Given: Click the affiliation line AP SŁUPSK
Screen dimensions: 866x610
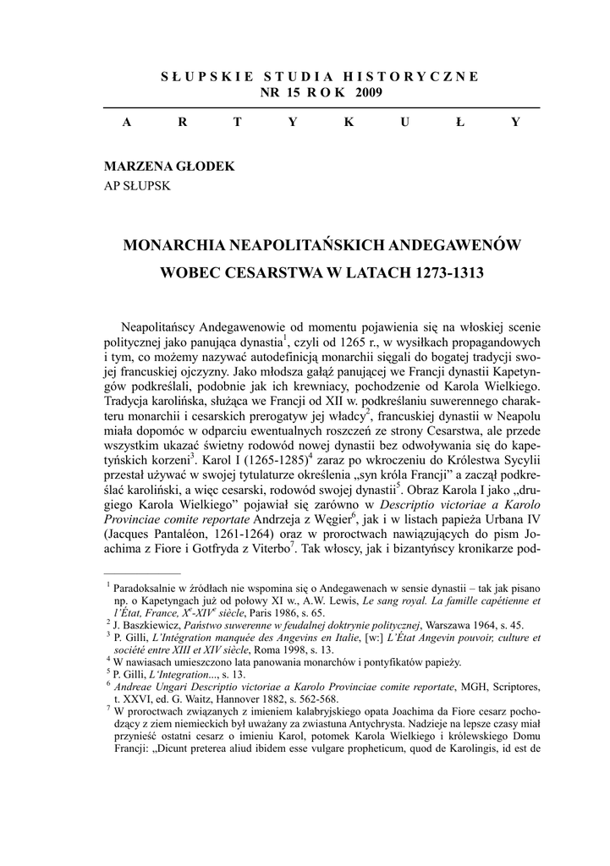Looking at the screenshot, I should pos(137,185).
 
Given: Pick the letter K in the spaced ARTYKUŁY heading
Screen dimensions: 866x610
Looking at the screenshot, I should pos(349,122).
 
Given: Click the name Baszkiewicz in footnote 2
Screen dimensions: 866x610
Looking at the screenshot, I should pos(148,623).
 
